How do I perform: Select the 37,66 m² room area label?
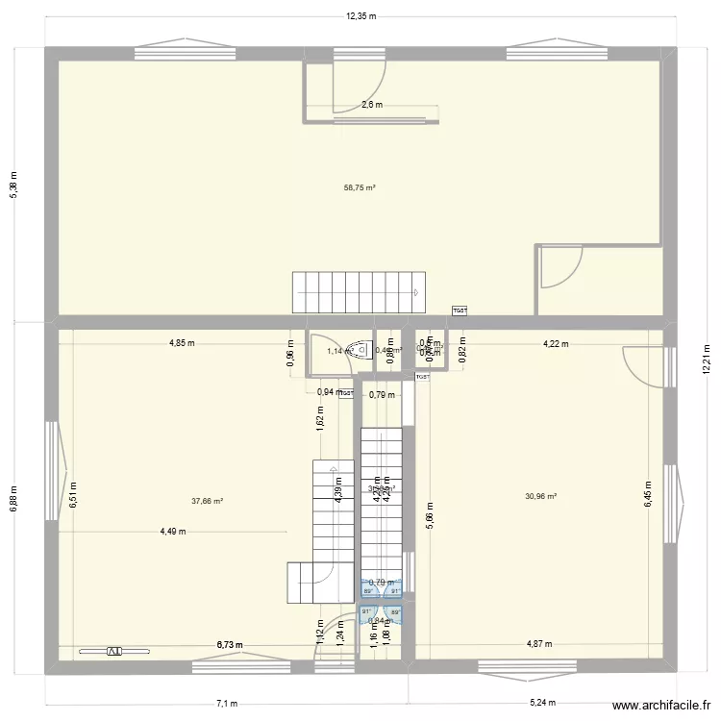click(207, 501)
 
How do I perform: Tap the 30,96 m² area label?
click(541, 497)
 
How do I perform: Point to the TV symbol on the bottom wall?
click(113, 651)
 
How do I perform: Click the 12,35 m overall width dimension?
click(360, 16)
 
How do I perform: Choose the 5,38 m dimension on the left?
click(13, 184)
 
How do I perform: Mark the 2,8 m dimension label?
click(371, 105)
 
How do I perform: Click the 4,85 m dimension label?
click(182, 343)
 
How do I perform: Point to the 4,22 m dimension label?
click(555, 343)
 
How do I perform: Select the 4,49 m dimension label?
click(174, 532)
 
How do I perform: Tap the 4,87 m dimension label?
click(539, 644)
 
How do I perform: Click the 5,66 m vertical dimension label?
click(430, 519)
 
